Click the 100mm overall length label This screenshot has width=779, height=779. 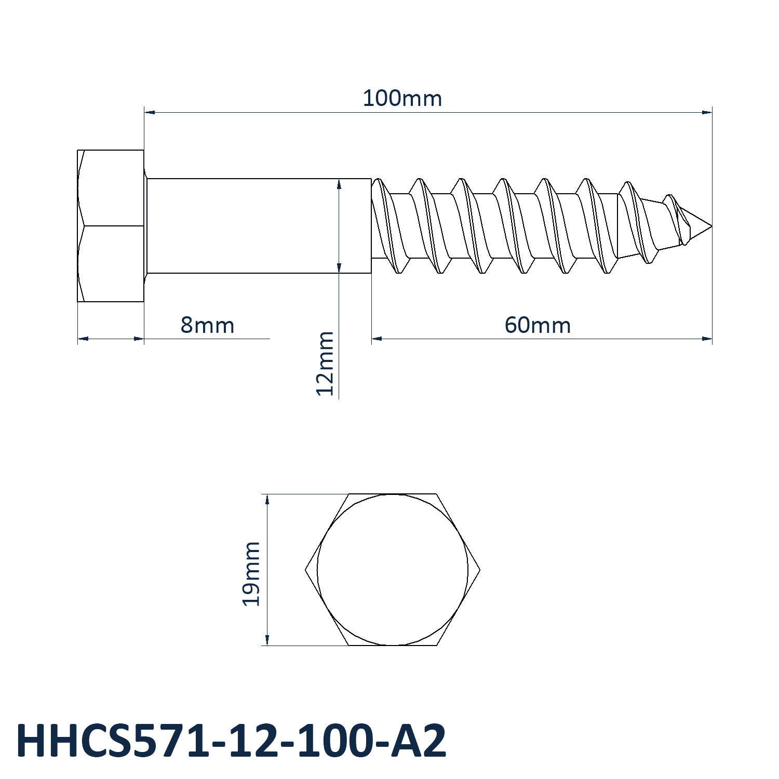402,98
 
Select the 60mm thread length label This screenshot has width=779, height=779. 538,325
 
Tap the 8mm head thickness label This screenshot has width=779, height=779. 207,325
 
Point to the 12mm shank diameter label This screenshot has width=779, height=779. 325,363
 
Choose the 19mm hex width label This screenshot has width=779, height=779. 251,573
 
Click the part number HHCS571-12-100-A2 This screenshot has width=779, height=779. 232,741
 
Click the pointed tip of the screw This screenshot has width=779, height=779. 711,226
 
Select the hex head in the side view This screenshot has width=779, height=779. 111,226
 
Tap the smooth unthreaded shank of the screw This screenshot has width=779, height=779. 259,226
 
